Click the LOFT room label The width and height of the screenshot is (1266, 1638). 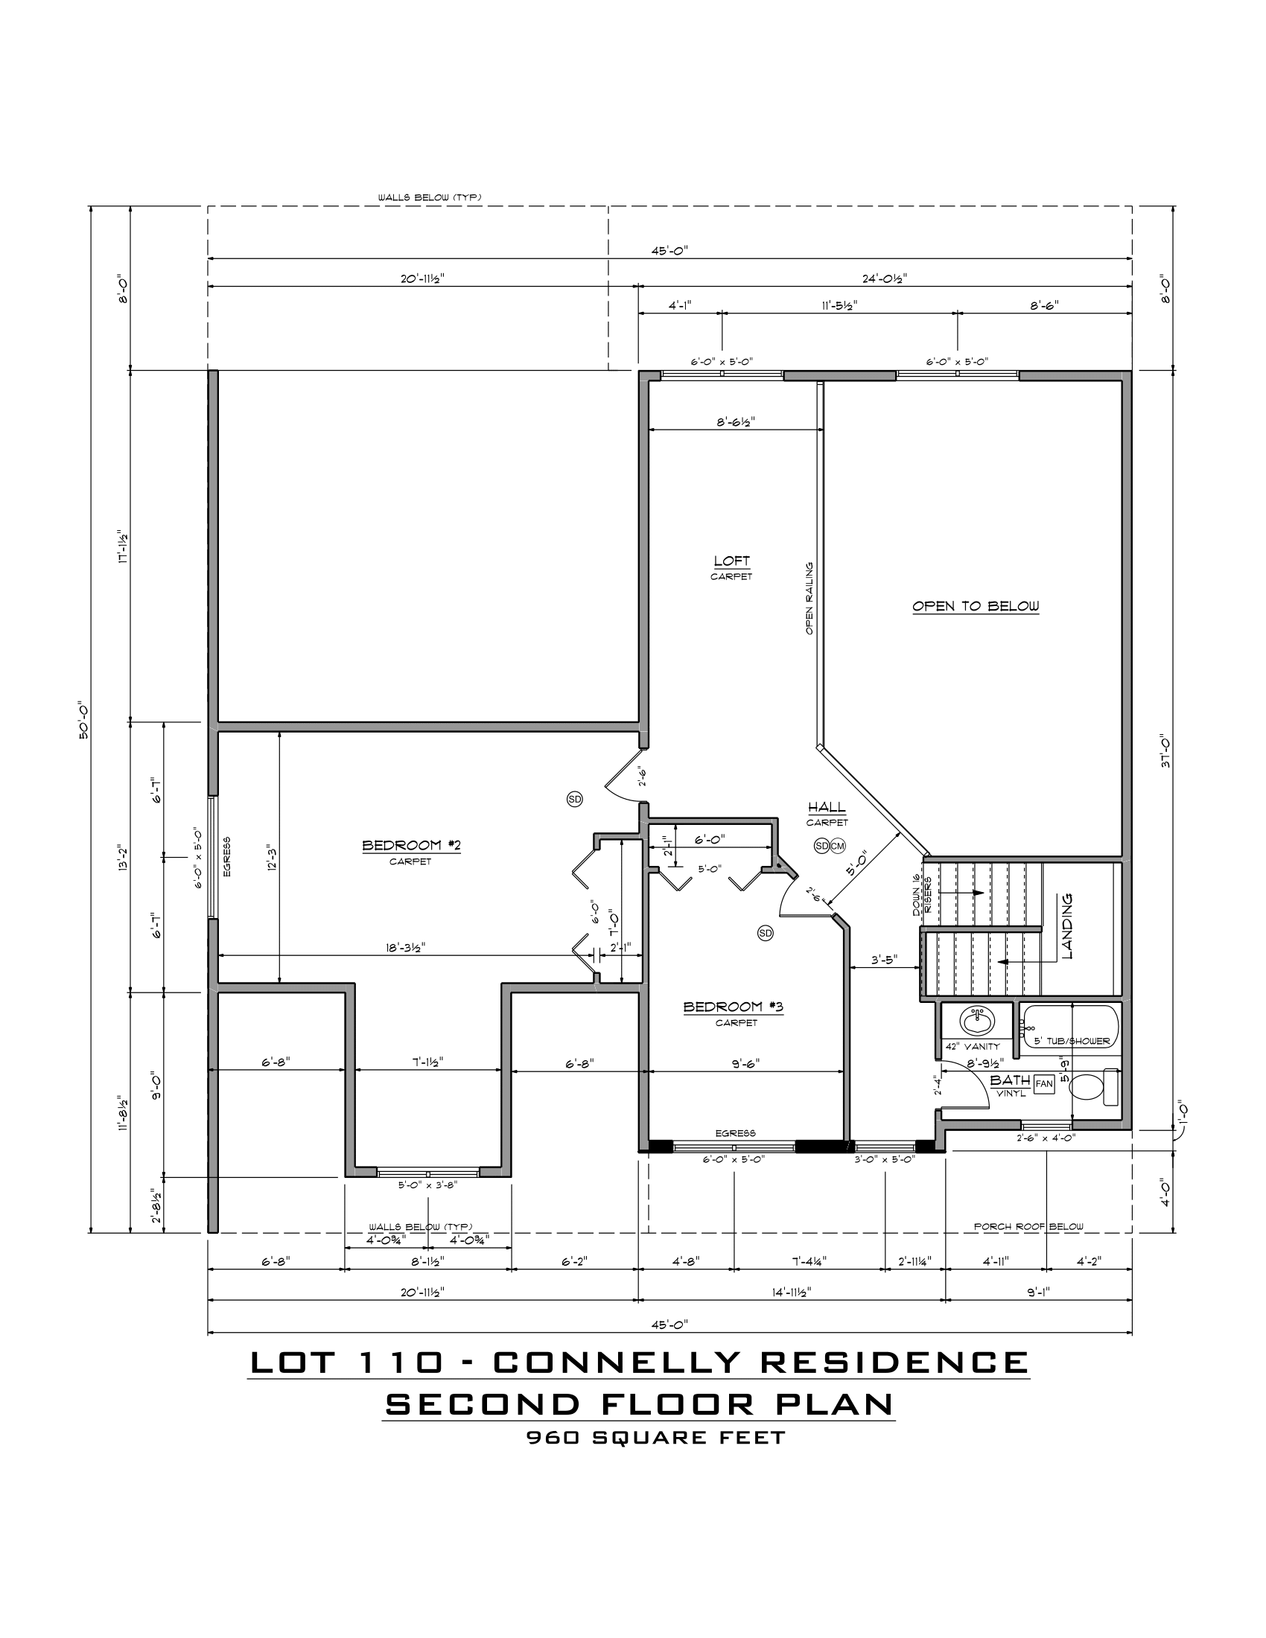coord(731,561)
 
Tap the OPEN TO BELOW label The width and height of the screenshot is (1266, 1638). coord(976,606)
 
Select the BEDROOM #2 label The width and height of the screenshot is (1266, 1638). coord(411,846)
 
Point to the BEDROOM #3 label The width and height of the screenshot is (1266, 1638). coord(733,1007)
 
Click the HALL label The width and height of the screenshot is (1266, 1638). coord(827,808)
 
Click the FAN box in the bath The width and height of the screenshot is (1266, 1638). coord(1044,1083)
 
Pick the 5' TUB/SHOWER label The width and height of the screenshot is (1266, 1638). coord(1072,1041)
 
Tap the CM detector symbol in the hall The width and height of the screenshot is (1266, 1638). coord(837,846)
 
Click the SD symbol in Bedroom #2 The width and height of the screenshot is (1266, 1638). coord(574,800)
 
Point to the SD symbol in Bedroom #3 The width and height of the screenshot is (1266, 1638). coord(765,933)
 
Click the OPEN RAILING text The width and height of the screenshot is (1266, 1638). coord(809,599)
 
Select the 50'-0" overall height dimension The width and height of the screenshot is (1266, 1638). coord(84,720)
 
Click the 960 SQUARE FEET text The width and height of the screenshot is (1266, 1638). coord(655,1438)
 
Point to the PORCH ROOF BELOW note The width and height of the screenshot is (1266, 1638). coord(1028,1227)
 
